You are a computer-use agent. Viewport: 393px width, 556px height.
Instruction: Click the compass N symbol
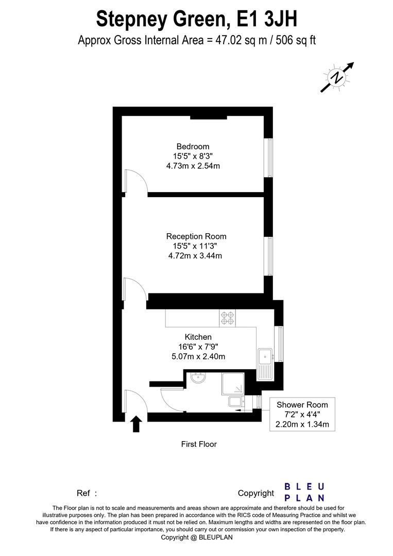point(337,78)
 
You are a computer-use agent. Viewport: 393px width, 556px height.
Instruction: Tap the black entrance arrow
point(136,424)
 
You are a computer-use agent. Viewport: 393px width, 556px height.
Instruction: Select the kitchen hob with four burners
point(227,318)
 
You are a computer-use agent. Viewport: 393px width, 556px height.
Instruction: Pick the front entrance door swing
point(135,401)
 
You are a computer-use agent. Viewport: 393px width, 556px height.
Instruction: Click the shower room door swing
point(172,398)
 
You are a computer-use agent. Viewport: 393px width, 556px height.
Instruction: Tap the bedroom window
point(268,158)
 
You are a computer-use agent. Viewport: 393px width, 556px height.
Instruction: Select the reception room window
point(268,256)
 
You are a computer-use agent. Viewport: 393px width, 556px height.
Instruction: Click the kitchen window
point(280,344)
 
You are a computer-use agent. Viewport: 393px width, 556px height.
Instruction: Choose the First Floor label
point(199,444)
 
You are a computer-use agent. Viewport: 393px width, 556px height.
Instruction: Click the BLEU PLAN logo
point(305,492)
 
